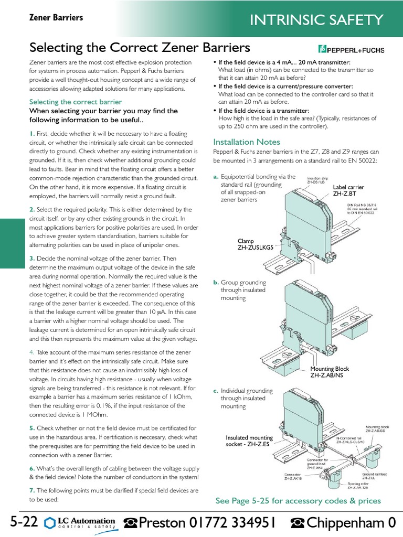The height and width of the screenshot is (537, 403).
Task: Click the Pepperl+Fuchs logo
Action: pyautogui.click(x=351, y=50)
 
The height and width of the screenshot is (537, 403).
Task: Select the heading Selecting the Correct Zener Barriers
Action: pyautogui.click(x=140, y=48)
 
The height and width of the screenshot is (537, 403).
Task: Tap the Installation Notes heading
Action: pyautogui.click(x=247, y=142)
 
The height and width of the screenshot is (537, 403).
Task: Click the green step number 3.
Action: pyautogui.click(x=32, y=258)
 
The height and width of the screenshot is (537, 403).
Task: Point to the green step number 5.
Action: pyautogui.click(x=32, y=428)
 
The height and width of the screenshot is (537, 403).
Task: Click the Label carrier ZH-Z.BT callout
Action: pyautogui.click(x=348, y=190)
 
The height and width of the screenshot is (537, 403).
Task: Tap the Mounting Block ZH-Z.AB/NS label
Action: pyautogui.click(x=330, y=372)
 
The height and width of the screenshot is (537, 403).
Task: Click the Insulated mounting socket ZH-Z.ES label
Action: pyautogui.click(x=249, y=441)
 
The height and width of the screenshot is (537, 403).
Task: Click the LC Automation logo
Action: pyautogui.click(x=80, y=522)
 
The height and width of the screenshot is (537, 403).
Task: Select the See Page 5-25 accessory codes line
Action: pyautogui.click(x=298, y=501)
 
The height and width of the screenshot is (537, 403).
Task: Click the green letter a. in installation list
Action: pyautogui.click(x=216, y=177)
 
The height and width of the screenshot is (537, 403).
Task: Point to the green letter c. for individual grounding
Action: pyautogui.click(x=216, y=391)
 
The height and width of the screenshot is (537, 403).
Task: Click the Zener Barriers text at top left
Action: pyautogui.click(x=56, y=18)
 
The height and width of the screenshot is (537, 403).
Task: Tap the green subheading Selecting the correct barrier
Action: pyautogui.click(x=75, y=102)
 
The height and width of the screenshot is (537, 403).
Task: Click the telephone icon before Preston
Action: pyautogui.click(x=130, y=523)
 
